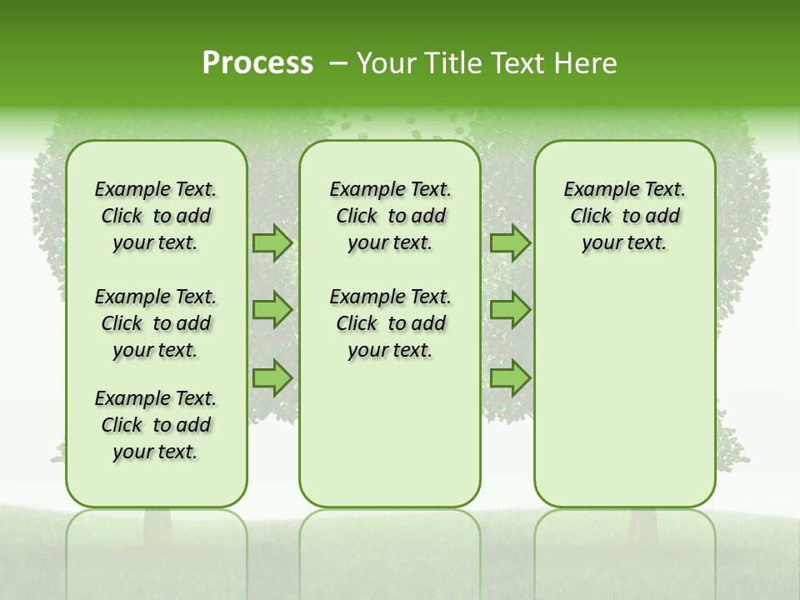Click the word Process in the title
[257, 63]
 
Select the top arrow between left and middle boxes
[272, 242]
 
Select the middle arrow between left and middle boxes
[272, 310]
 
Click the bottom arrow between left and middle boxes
[272, 377]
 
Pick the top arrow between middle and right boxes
[510, 242]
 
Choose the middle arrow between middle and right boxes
[510, 310]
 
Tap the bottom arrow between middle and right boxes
[510, 377]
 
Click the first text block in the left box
[156, 216]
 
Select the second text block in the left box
[156, 323]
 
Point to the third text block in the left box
[156, 425]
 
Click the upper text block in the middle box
[390, 216]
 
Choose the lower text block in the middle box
[390, 323]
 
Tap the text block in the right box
[624, 216]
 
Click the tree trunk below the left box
[157, 525]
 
